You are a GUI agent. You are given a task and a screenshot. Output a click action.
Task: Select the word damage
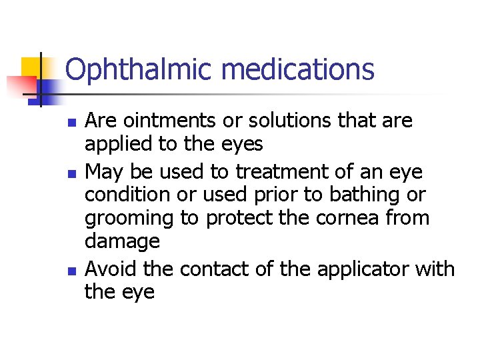(123, 241)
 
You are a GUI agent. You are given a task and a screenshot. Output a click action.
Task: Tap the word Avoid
(109, 269)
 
